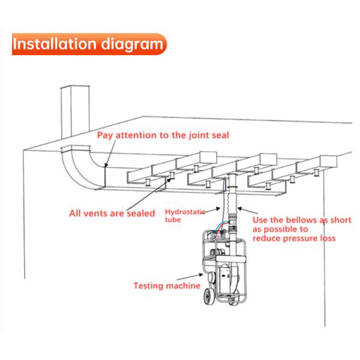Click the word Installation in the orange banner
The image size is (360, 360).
click(x=54, y=44)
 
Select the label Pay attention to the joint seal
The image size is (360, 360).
click(x=163, y=135)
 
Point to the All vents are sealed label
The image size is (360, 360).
click(x=112, y=212)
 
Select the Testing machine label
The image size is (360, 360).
click(x=167, y=286)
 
